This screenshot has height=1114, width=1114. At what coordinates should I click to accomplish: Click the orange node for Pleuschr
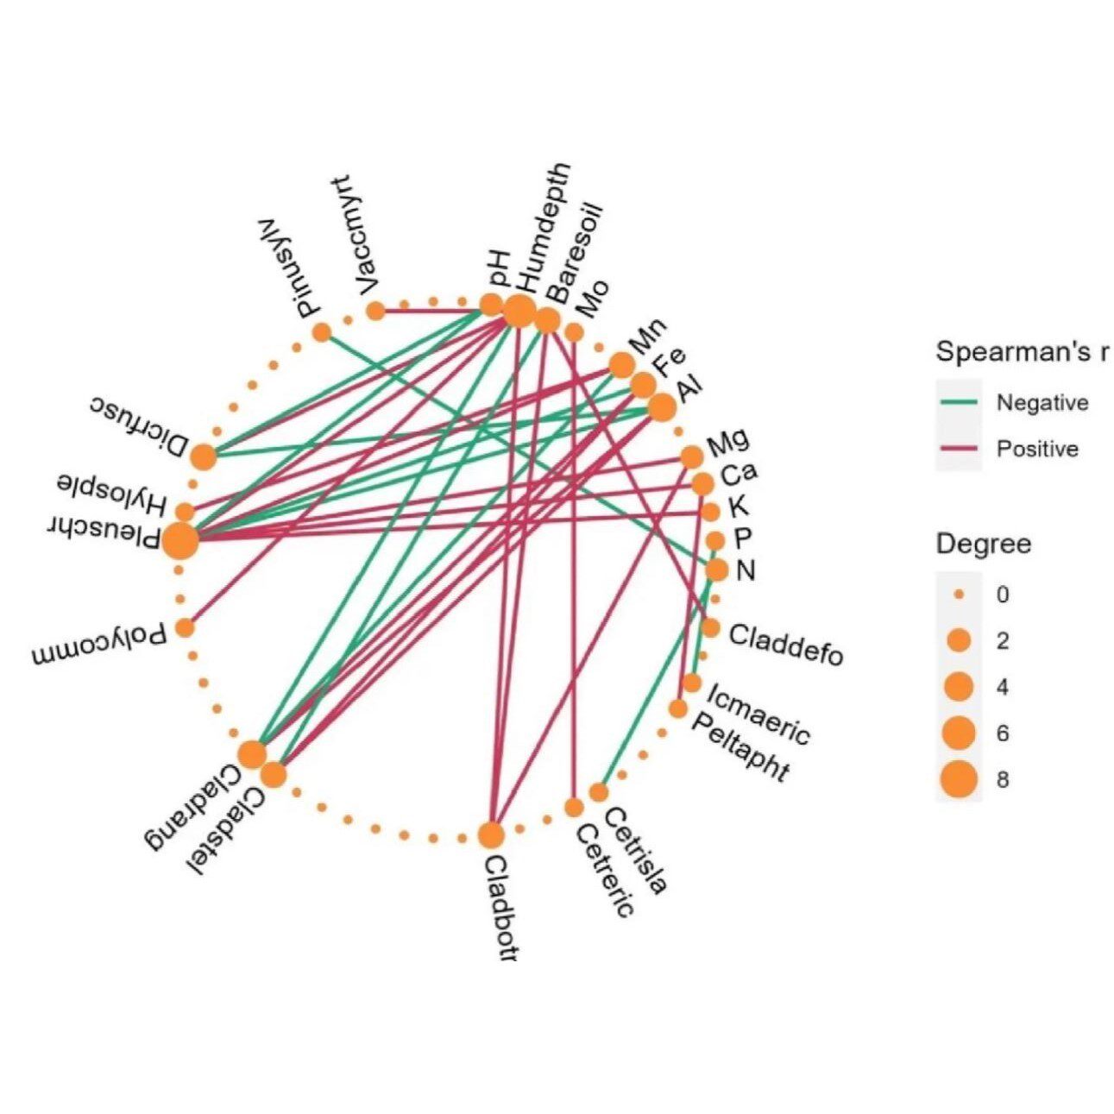click(x=180, y=542)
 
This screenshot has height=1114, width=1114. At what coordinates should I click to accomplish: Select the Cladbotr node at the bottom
click(x=490, y=835)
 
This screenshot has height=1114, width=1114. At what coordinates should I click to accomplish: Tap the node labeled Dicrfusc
click(x=204, y=456)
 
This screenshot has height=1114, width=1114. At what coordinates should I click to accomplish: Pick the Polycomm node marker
click(x=184, y=627)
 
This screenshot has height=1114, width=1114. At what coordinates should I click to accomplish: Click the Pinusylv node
click(x=322, y=331)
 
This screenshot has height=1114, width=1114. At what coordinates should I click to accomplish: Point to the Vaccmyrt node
click(x=375, y=311)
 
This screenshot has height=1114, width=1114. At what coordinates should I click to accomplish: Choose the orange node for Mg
click(x=691, y=456)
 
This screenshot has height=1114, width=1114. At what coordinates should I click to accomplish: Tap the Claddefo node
click(x=710, y=627)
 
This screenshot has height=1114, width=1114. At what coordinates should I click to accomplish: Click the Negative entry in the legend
click(x=1042, y=403)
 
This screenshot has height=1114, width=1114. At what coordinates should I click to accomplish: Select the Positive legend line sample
click(x=958, y=449)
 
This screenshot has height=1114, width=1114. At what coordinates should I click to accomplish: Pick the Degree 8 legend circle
click(x=958, y=780)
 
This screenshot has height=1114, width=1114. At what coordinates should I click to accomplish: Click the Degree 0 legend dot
click(x=958, y=595)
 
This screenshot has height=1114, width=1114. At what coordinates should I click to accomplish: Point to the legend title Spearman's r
click(x=1023, y=353)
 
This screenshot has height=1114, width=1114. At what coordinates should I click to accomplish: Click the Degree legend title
click(x=984, y=544)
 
